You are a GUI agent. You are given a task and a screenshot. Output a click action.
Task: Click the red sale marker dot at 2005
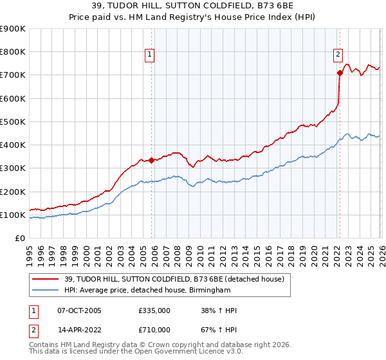(x=152, y=160)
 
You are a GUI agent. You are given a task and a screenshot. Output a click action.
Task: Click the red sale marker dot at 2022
(x=339, y=73)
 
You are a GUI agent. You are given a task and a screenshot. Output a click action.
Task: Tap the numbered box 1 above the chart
(x=149, y=55)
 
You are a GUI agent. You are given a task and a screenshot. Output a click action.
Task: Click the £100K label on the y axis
(x=13, y=215)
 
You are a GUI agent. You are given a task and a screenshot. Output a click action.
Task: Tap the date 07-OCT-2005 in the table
(x=78, y=310)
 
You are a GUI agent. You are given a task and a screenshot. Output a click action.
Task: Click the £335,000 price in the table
(x=154, y=310)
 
